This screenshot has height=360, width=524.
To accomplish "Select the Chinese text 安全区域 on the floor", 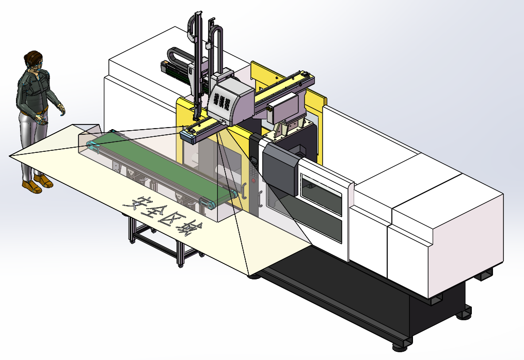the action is click(x=163, y=215).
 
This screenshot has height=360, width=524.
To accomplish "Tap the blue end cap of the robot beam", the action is click(x=188, y=137).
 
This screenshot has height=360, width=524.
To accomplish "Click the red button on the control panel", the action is click(x=253, y=181).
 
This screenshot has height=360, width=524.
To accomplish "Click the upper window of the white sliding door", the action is click(x=321, y=195).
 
